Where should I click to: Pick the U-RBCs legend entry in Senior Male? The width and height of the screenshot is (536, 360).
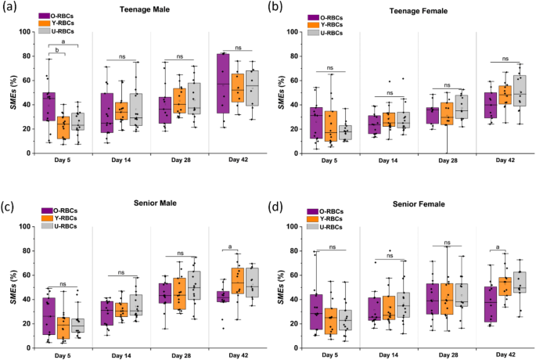63,226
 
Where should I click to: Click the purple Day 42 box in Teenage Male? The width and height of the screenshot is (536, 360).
223,83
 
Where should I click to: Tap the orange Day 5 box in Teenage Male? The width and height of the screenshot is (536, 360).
63,127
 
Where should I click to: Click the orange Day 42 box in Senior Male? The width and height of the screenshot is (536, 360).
237,283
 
